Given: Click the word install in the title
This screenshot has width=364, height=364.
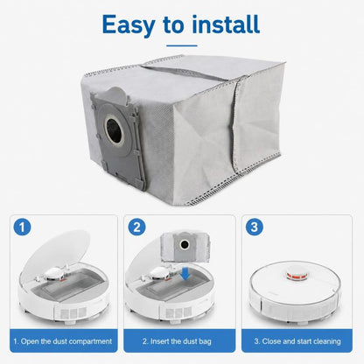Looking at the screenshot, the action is pos(226,24).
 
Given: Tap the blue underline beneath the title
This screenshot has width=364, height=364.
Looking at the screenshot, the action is pos(182,45).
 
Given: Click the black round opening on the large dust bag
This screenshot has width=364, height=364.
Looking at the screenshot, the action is pos(114,128).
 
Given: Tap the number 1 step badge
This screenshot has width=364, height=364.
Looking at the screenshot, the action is pos(22,227).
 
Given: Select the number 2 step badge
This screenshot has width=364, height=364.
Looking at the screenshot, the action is pos(136,227).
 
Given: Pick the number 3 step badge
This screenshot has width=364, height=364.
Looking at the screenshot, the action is pos(255,227).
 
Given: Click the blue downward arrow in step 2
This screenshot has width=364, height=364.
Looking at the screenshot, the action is pos(185,274).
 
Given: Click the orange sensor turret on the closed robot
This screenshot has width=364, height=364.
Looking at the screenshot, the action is pos(294,275).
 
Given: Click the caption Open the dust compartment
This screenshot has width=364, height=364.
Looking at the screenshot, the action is pos(63,341).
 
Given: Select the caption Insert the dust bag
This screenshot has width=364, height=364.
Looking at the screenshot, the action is pos(177,341).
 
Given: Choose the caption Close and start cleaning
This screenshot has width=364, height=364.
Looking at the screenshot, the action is pos(297,341).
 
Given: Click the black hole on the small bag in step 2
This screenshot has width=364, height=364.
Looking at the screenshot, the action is pos(185,244).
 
